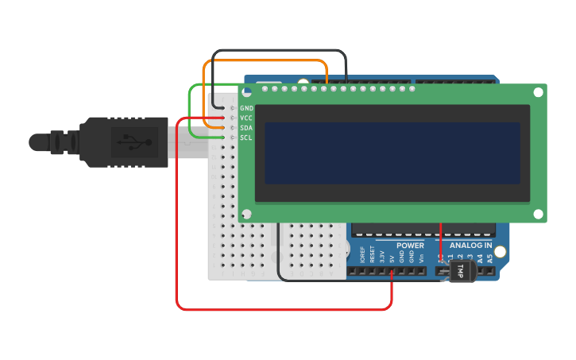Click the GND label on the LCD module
pos(246,108)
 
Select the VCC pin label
pos(246,118)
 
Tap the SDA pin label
pos(246,128)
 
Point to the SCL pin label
pos(246,137)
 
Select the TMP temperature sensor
pos(460,271)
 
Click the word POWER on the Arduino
pos(410,246)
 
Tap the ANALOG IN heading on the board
pos(466,246)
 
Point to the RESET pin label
pos(372,256)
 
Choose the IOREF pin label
pos(362,256)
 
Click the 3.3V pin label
pos(381,257)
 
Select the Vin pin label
pos(420,257)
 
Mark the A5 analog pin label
pos(489,257)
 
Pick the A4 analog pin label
pos(480,257)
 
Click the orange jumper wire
pos(265,60)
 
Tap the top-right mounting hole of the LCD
pos(538,92)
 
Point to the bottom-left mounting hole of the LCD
pos(246,214)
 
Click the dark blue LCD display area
pos(392,153)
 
